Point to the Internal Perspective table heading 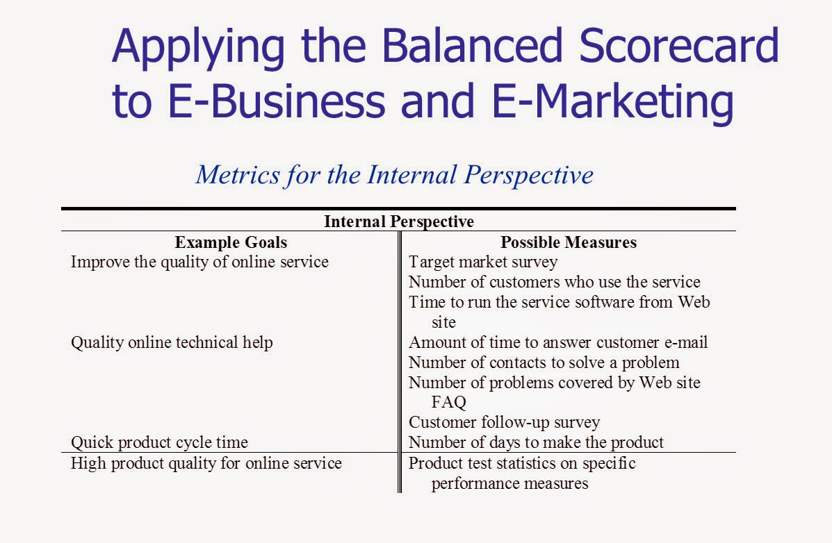[x=398, y=222]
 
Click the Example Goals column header [x=231, y=242]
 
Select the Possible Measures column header [x=568, y=242]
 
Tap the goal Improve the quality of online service [x=199, y=262]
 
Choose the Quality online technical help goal [x=172, y=342]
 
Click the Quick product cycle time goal [x=159, y=442]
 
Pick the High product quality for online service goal [x=206, y=463]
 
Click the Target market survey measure [x=482, y=262]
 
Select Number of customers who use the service [x=554, y=282]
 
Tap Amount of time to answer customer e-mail [x=558, y=342]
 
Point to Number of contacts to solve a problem [x=544, y=362]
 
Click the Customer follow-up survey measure [x=504, y=422]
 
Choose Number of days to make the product [x=536, y=442]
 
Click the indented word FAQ [x=448, y=402]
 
